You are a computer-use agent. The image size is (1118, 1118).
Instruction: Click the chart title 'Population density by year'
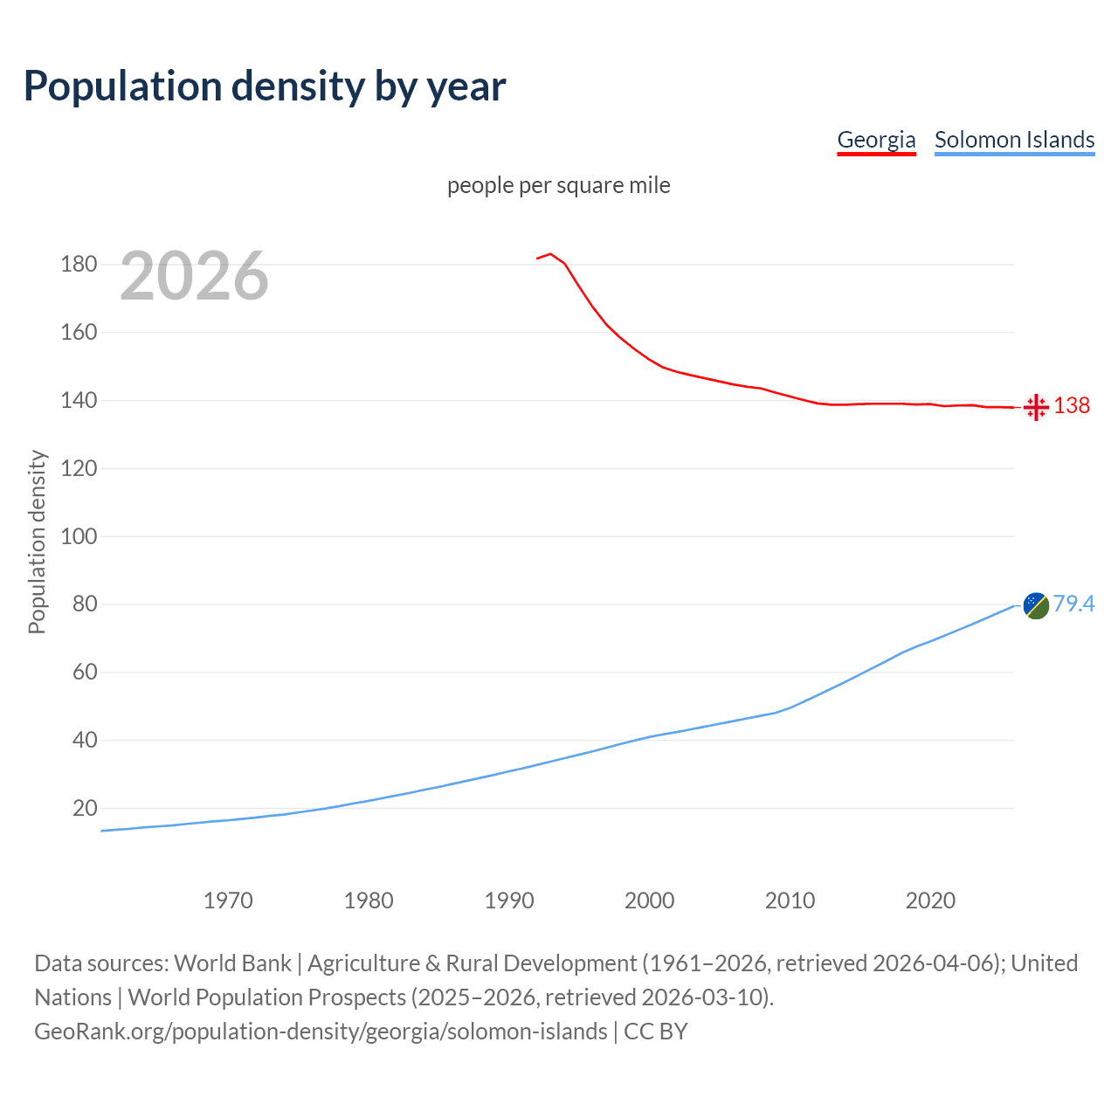265,86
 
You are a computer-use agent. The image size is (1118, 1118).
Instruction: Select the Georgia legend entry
876,140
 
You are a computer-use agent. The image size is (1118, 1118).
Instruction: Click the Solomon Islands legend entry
1014,140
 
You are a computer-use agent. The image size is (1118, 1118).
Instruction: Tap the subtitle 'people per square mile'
558,185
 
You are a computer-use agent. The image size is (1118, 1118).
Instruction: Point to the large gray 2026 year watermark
194,276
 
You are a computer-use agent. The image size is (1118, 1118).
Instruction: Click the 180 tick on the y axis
79,264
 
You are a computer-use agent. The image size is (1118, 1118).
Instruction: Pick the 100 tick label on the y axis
79,536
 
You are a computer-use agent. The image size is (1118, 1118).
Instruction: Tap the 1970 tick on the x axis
228,901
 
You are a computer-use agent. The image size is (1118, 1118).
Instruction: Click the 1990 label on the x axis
509,901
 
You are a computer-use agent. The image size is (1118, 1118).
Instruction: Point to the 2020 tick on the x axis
930,901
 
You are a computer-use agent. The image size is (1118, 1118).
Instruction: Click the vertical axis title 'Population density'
37,542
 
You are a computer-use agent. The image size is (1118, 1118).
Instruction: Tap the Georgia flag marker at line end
1036,407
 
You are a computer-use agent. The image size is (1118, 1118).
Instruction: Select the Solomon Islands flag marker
1036,604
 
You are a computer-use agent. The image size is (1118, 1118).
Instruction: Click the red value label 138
1072,405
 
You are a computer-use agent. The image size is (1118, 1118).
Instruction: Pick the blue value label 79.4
1073,604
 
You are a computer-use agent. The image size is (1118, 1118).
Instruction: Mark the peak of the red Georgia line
550,254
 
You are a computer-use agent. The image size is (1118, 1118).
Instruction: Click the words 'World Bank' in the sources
232,963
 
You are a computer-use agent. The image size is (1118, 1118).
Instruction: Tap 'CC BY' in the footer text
656,1031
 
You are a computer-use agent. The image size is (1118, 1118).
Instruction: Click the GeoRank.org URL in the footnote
321,1031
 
